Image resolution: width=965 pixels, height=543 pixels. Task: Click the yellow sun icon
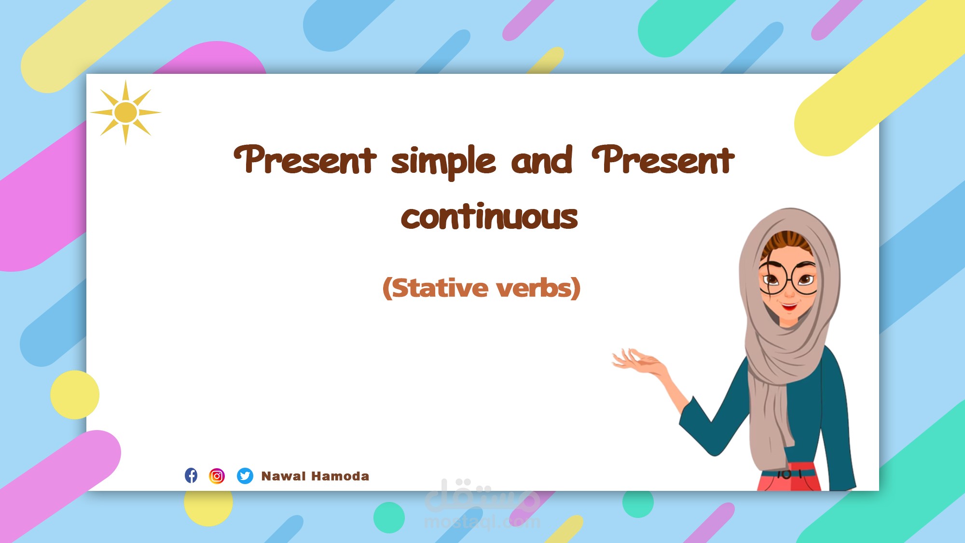click(x=125, y=112)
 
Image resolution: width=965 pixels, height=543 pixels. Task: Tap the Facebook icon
click(x=191, y=475)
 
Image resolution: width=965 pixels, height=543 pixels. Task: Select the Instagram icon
click(x=217, y=476)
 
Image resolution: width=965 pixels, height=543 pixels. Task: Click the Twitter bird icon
click(x=245, y=476)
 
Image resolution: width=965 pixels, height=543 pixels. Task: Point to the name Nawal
click(x=283, y=476)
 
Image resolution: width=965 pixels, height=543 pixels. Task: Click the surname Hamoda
click(x=341, y=476)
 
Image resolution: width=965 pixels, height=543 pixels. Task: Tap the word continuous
click(x=489, y=217)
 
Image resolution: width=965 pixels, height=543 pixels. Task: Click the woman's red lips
click(x=789, y=306)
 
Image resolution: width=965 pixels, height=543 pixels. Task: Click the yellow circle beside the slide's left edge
click(x=75, y=395)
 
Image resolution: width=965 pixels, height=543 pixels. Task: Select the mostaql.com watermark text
click(x=482, y=522)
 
